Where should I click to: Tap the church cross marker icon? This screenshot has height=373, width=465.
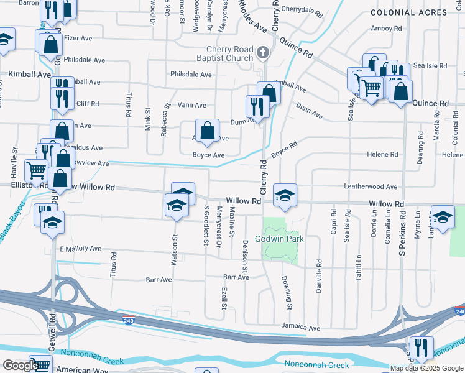point(263,53)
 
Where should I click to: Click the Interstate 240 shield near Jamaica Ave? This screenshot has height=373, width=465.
point(127,321)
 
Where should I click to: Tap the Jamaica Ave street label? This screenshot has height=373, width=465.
point(300,328)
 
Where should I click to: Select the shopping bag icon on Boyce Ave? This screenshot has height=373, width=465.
point(208,131)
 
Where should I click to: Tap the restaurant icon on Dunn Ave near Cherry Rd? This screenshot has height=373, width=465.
point(256,106)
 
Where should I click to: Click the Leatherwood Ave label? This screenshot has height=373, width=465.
point(370,186)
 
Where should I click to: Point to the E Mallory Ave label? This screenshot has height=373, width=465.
point(80,249)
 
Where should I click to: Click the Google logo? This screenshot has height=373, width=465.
point(21,366)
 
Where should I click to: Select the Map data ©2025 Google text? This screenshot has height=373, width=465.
point(426,368)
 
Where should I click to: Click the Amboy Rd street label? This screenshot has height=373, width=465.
point(386,29)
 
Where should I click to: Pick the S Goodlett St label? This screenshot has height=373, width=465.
point(206,225)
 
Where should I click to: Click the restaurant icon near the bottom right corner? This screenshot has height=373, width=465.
point(421,349)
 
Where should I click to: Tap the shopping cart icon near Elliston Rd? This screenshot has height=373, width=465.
point(37,170)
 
